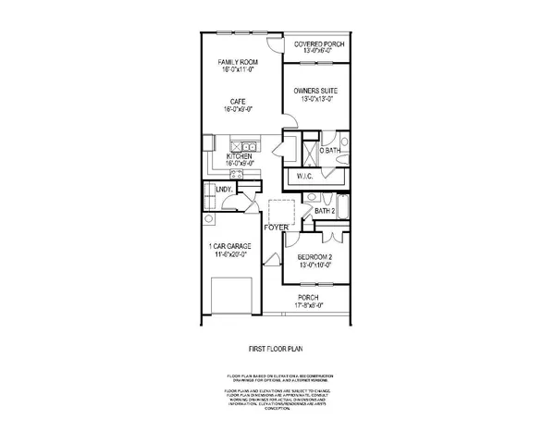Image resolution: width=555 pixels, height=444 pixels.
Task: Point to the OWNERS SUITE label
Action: click(316, 91)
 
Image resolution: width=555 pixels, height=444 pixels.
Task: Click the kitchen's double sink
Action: click(244, 146)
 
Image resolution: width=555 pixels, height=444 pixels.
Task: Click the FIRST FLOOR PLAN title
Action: click(277, 350)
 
